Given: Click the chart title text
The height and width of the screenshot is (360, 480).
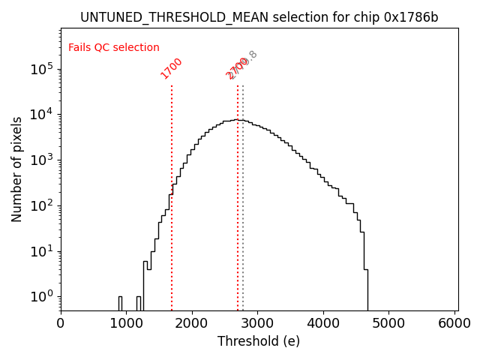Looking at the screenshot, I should (259, 17).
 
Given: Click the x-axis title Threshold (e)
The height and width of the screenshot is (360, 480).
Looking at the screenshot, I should (259, 341).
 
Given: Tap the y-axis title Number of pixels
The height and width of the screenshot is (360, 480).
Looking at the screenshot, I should (17, 169).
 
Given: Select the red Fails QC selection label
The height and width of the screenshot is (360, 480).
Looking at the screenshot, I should (114, 47).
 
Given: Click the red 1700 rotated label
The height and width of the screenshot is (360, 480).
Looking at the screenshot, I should (172, 67).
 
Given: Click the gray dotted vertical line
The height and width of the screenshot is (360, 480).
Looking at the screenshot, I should (243, 225).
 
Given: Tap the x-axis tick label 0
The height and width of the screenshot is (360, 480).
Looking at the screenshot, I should (61, 323).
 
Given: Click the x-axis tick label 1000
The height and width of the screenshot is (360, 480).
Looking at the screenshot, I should (127, 323).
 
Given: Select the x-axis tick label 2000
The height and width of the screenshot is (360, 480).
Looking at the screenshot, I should (192, 323).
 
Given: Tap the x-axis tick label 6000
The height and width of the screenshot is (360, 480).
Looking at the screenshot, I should (455, 323).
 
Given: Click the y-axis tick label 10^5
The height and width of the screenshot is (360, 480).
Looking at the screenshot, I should (42, 69).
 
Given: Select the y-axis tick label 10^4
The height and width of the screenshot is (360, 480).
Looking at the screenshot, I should (42, 114).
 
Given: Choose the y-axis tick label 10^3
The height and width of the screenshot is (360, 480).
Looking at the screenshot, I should (42, 160).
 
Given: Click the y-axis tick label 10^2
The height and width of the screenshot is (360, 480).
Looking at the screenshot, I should (42, 205).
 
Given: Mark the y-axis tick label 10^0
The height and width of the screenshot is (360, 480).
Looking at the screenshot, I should (42, 296).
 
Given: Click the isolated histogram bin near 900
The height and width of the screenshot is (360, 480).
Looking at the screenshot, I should (120, 303).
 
